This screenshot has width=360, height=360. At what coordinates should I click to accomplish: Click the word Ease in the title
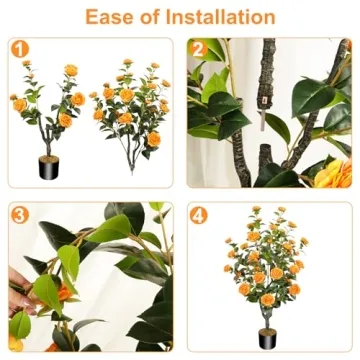113,17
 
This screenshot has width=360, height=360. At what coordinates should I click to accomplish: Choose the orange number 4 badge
198,213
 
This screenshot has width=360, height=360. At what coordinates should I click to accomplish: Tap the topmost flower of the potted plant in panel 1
70,71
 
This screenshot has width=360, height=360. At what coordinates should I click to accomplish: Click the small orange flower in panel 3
64,293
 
